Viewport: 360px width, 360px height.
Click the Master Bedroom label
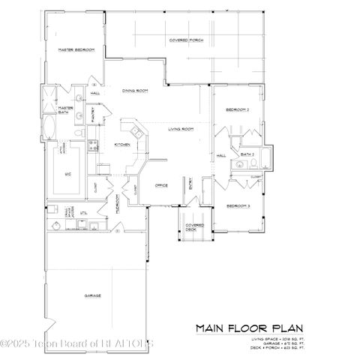[76, 49]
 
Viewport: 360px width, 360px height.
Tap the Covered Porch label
[187, 39]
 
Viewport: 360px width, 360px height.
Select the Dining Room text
[134, 90]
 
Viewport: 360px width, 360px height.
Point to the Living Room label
[181, 129]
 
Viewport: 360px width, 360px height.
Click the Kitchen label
[122, 144]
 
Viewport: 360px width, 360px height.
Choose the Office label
[160, 184]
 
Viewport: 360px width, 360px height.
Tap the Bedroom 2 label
[238, 110]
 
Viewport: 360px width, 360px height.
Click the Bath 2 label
[249, 153]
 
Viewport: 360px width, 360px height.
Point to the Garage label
[93, 295]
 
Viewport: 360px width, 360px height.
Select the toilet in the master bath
[78, 132]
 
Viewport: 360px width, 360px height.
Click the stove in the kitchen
[94, 146]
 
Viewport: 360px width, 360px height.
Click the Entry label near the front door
[190, 184]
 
